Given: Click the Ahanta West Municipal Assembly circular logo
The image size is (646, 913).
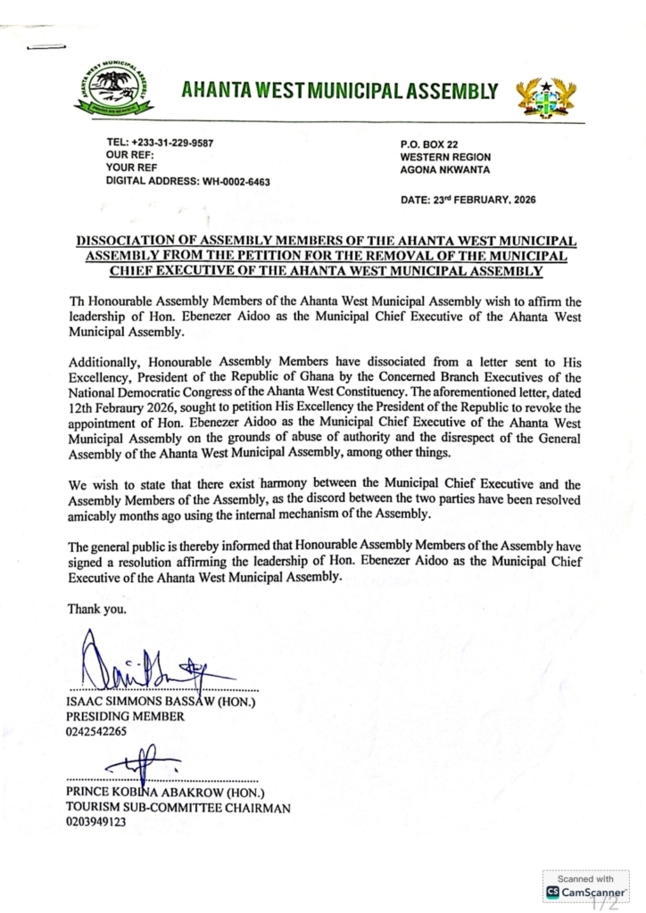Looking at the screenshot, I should click(112, 91).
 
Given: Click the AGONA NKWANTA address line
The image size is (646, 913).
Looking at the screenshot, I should click(445, 169).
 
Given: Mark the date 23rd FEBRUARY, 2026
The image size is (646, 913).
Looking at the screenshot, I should click(487, 200).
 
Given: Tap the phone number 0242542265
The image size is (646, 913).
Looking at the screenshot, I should click(97, 731).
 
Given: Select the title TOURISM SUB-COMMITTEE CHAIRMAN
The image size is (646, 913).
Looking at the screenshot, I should click(178, 808).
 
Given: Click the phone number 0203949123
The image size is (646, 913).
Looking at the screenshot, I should click(97, 822).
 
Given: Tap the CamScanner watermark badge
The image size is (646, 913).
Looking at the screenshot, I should click(585, 885).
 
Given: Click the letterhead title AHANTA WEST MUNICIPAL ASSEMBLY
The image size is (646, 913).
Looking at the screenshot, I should click(339, 90).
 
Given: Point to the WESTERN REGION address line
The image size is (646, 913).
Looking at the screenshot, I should click(445, 157).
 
